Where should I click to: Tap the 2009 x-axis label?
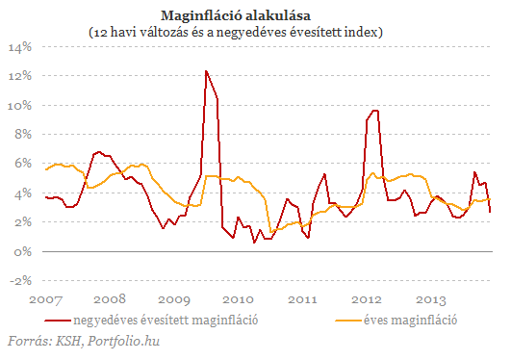coord(174,299)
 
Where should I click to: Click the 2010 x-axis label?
coord(239,299)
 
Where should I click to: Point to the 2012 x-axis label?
coord(368,299)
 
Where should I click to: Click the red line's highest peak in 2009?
coord(206,70)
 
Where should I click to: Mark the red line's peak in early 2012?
coord(374,110)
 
